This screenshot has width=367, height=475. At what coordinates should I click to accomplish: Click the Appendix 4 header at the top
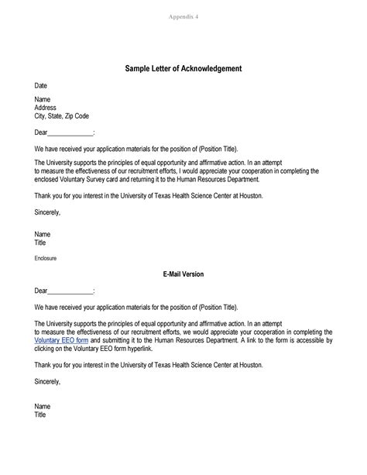tap(183, 15)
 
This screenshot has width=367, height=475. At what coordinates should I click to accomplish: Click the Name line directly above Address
tap(43, 100)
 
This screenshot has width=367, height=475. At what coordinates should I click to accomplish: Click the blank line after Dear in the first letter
tap(70, 133)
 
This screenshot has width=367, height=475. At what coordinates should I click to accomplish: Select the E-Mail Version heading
tap(183, 274)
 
